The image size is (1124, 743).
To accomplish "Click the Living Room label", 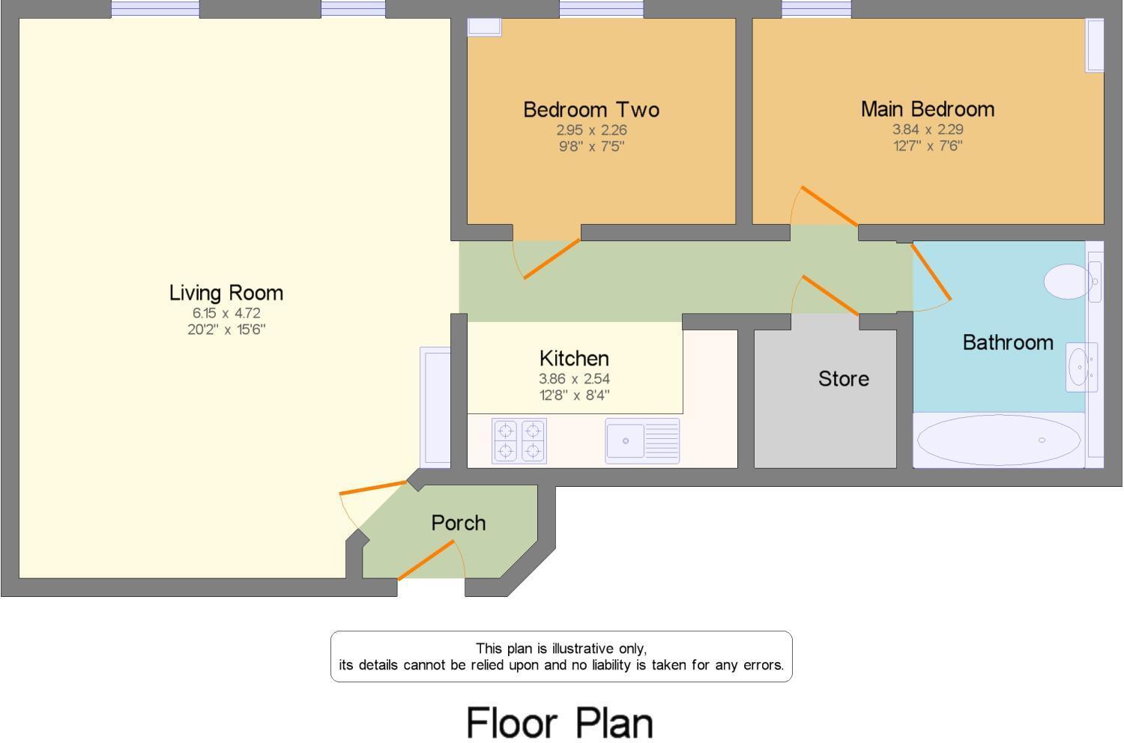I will pyautogui.click(x=226, y=292).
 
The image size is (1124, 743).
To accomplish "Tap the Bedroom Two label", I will pyautogui.click(x=591, y=109).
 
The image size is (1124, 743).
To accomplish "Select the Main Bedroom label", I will pyautogui.click(x=928, y=109).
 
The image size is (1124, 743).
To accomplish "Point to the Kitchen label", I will pyautogui.click(x=574, y=358).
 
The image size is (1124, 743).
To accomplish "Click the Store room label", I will pyautogui.click(x=844, y=378).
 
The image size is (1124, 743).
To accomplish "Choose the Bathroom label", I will pyautogui.click(x=1008, y=342).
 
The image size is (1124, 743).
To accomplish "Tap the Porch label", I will pyautogui.click(x=458, y=523).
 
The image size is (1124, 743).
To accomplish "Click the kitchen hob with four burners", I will pyautogui.click(x=519, y=440).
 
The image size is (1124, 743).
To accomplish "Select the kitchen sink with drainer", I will pyautogui.click(x=642, y=440).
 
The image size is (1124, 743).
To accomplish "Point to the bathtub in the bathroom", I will pyautogui.click(x=998, y=440).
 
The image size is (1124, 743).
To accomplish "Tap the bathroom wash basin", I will pyautogui.click(x=1081, y=367).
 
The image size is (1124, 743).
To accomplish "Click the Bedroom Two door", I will pyautogui.click(x=551, y=259).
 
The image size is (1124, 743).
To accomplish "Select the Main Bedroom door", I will pyautogui.click(x=829, y=205).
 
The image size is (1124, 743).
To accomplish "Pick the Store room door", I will pyautogui.click(x=830, y=295).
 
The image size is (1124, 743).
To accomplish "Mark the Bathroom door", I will pyautogui.click(x=931, y=273).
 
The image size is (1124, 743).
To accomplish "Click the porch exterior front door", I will pyautogui.click(x=426, y=560).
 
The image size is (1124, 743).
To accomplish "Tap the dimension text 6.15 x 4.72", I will pyautogui.click(x=226, y=313).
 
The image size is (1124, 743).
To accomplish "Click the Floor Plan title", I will pyautogui.click(x=560, y=723).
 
